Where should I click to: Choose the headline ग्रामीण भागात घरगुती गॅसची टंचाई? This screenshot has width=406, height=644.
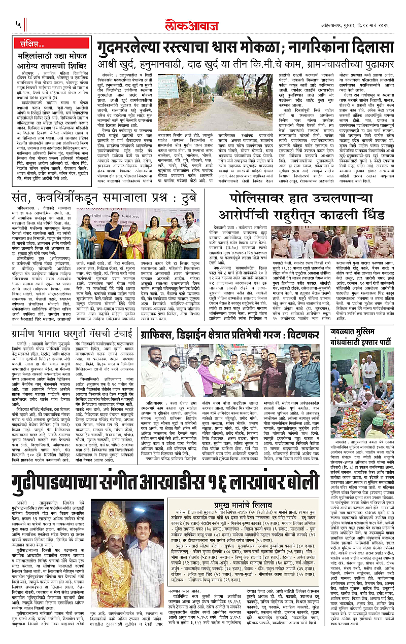(75, 334)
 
